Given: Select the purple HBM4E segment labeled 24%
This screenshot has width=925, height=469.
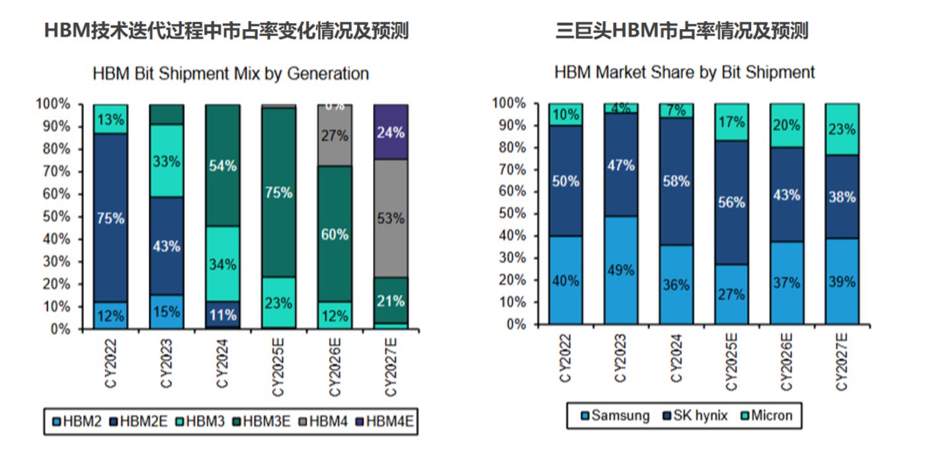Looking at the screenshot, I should click(x=391, y=132).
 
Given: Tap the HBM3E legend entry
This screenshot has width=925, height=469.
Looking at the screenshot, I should click(x=265, y=420).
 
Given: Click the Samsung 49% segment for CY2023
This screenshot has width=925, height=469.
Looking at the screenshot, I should click(x=621, y=271).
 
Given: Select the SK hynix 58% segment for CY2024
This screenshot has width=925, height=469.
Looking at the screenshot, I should click(x=677, y=181).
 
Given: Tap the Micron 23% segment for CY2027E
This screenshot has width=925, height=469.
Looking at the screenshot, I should click(x=842, y=129).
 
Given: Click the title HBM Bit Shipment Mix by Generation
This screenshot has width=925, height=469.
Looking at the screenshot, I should click(x=231, y=73).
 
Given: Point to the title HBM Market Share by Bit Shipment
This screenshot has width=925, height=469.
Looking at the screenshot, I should click(x=684, y=71).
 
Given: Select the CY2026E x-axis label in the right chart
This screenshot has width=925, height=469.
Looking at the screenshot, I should click(x=786, y=362).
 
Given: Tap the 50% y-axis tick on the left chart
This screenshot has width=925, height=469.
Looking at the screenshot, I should click(x=56, y=216).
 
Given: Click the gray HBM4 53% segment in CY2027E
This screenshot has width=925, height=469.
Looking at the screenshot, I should click(x=391, y=219).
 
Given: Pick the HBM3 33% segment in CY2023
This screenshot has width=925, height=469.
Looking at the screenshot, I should click(x=167, y=160).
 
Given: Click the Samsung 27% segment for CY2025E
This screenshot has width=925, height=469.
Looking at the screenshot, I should click(x=732, y=294).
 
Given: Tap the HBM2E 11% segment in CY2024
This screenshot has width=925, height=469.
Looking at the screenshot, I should click(x=223, y=314).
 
